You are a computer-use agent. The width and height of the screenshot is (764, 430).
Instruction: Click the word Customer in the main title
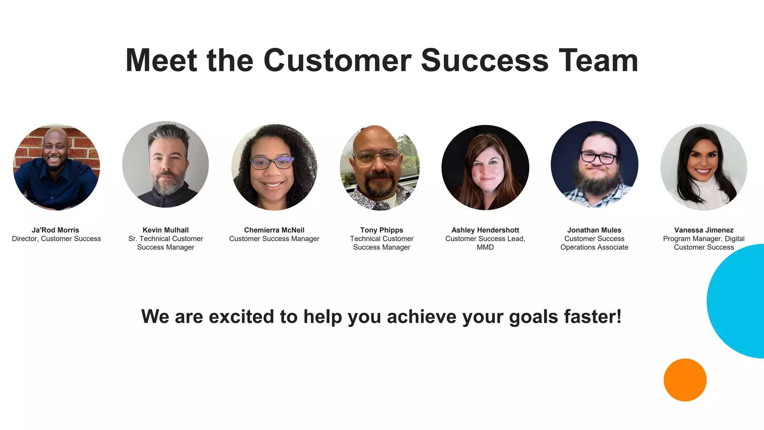[x=337, y=60]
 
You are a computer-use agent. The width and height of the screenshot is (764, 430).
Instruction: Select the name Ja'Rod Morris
[x=56, y=230]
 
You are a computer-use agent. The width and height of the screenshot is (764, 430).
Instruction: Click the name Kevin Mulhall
[x=166, y=230]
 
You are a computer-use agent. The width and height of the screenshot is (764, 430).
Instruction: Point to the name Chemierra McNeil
[x=274, y=230]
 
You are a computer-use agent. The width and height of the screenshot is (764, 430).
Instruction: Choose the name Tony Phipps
[x=382, y=230]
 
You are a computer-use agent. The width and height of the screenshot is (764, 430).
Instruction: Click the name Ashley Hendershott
[x=485, y=230]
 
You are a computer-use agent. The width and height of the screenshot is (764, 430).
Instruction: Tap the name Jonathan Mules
[x=594, y=230]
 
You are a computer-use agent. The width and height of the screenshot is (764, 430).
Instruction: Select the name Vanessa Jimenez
[x=704, y=230]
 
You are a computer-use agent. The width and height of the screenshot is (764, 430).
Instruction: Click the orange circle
[x=685, y=380]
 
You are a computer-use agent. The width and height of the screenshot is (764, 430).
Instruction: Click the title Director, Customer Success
[x=56, y=239]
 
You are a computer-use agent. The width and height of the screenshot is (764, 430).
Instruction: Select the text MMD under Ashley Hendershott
[x=485, y=247]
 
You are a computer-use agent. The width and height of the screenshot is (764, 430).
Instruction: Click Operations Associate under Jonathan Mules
[x=594, y=247]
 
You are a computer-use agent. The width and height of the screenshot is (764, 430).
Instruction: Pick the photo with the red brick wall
[x=56, y=167]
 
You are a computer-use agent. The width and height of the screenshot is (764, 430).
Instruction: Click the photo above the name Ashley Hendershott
[x=485, y=167]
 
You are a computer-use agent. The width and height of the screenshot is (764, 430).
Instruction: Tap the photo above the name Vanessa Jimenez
[x=704, y=167]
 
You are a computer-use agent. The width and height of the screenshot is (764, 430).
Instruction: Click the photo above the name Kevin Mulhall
[x=166, y=164]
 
